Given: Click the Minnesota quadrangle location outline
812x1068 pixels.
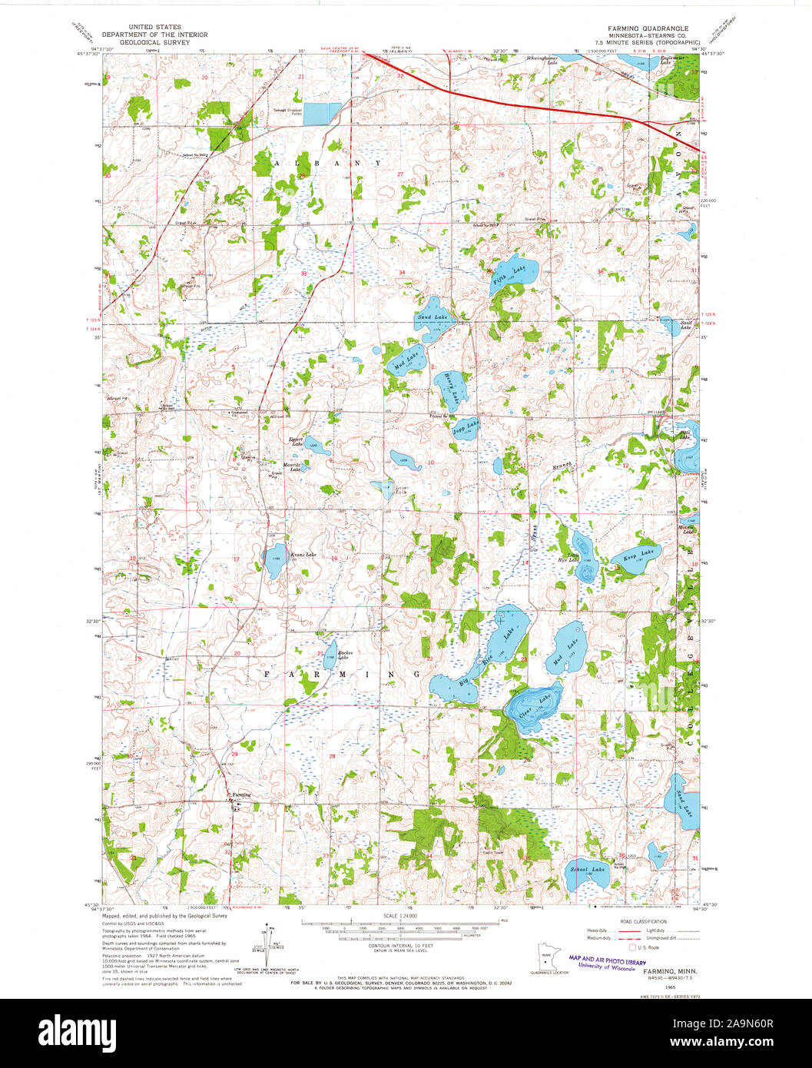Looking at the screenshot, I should tap(545, 958).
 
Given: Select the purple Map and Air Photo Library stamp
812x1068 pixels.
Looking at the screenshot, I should tap(607, 964).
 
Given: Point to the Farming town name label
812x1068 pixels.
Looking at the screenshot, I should tap(241, 794).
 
